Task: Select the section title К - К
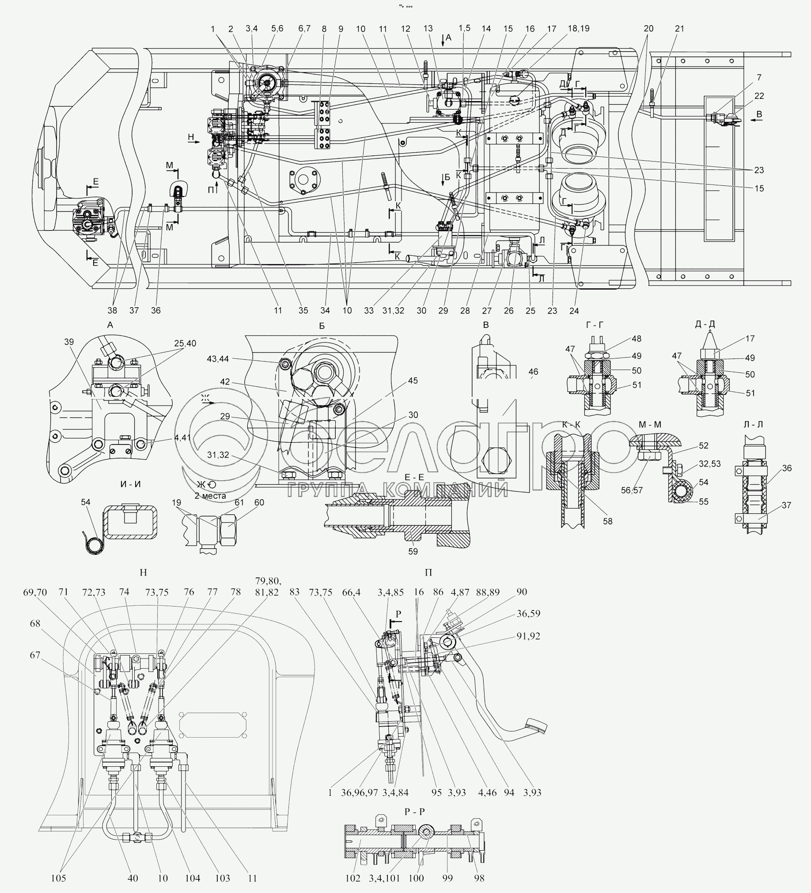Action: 571,424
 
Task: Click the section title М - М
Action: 650,424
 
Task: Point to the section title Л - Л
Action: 753,424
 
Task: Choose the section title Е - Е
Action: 414,477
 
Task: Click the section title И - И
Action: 131,484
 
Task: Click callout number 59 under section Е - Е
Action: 413,551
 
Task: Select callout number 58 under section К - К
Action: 607,521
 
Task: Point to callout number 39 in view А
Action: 69,342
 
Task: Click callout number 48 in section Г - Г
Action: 637,339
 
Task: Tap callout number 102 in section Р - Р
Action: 353,878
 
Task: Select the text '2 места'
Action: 210,496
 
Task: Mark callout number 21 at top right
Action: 679,29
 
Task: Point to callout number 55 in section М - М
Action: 703,501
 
